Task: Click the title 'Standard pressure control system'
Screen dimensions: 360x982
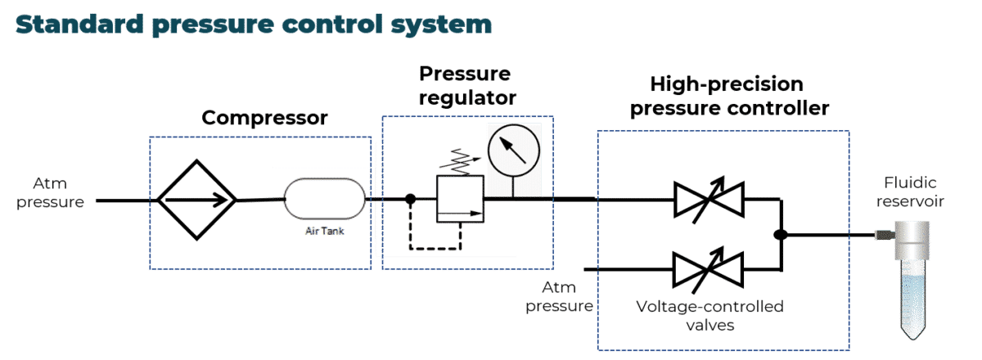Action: (253, 25)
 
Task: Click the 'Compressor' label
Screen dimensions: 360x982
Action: (264, 118)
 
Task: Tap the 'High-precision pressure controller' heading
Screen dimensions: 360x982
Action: (727, 96)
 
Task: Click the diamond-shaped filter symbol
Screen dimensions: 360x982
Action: (196, 199)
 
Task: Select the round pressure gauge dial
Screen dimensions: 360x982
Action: (512, 150)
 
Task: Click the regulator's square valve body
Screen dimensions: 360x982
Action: (459, 199)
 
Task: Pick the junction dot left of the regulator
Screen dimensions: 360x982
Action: (411, 199)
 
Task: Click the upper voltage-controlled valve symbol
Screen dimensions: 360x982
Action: (709, 198)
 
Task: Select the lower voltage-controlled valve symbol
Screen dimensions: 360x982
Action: (709, 268)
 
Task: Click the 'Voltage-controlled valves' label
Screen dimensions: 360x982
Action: (709, 316)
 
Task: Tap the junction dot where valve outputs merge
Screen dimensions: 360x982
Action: (781, 235)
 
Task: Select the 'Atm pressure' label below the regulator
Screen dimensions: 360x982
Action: (565, 296)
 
